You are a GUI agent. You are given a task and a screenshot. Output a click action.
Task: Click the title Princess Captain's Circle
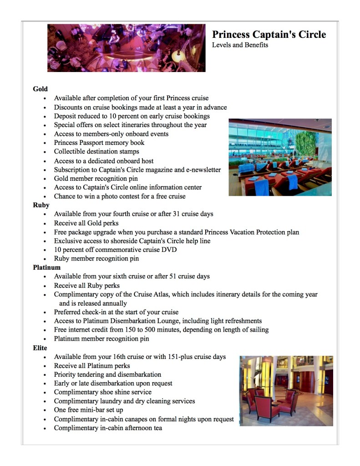coord(269,35)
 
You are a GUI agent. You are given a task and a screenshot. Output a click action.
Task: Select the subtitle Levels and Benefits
coord(240,45)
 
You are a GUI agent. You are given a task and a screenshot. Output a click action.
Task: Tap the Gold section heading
coord(40,89)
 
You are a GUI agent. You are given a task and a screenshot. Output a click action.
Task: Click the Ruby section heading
coord(41,205)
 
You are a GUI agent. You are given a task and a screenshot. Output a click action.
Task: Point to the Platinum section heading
coord(46,267)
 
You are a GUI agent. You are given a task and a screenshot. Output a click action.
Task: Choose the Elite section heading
coord(40,348)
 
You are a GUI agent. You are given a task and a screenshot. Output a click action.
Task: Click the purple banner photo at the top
coord(126,48)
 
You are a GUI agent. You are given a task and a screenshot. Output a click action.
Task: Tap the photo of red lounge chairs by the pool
coord(280,157)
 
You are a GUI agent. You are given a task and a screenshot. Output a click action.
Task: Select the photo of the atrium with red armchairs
coord(286,391)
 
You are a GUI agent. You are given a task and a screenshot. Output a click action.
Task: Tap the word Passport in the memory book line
coord(96,143)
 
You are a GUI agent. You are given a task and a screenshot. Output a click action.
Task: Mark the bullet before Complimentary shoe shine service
coord(45,393)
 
